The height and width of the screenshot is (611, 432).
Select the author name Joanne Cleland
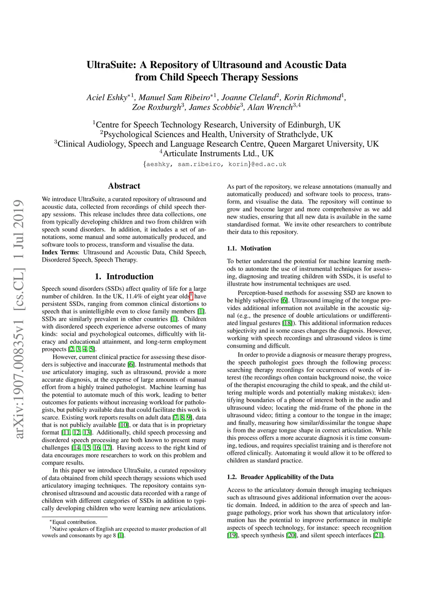(248, 97)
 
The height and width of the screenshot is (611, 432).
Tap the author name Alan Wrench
(270, 107)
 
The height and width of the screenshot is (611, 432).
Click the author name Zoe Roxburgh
(157, 107)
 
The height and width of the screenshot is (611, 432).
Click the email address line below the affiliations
(215, 164)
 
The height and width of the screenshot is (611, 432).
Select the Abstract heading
(124, 186)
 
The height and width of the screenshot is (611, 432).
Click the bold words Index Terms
(60, 252)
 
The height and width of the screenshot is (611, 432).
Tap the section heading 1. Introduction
(124, 277)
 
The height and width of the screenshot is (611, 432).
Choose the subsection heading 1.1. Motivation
(249, 249)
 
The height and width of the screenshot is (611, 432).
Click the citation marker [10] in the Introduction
(123, 425)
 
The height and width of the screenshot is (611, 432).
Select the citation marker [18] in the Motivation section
(287, 323)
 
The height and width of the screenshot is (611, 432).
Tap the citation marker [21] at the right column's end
(378, 535)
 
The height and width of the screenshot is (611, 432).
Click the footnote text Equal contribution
(74, 522)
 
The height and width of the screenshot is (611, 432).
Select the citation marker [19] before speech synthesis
(232, 535)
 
